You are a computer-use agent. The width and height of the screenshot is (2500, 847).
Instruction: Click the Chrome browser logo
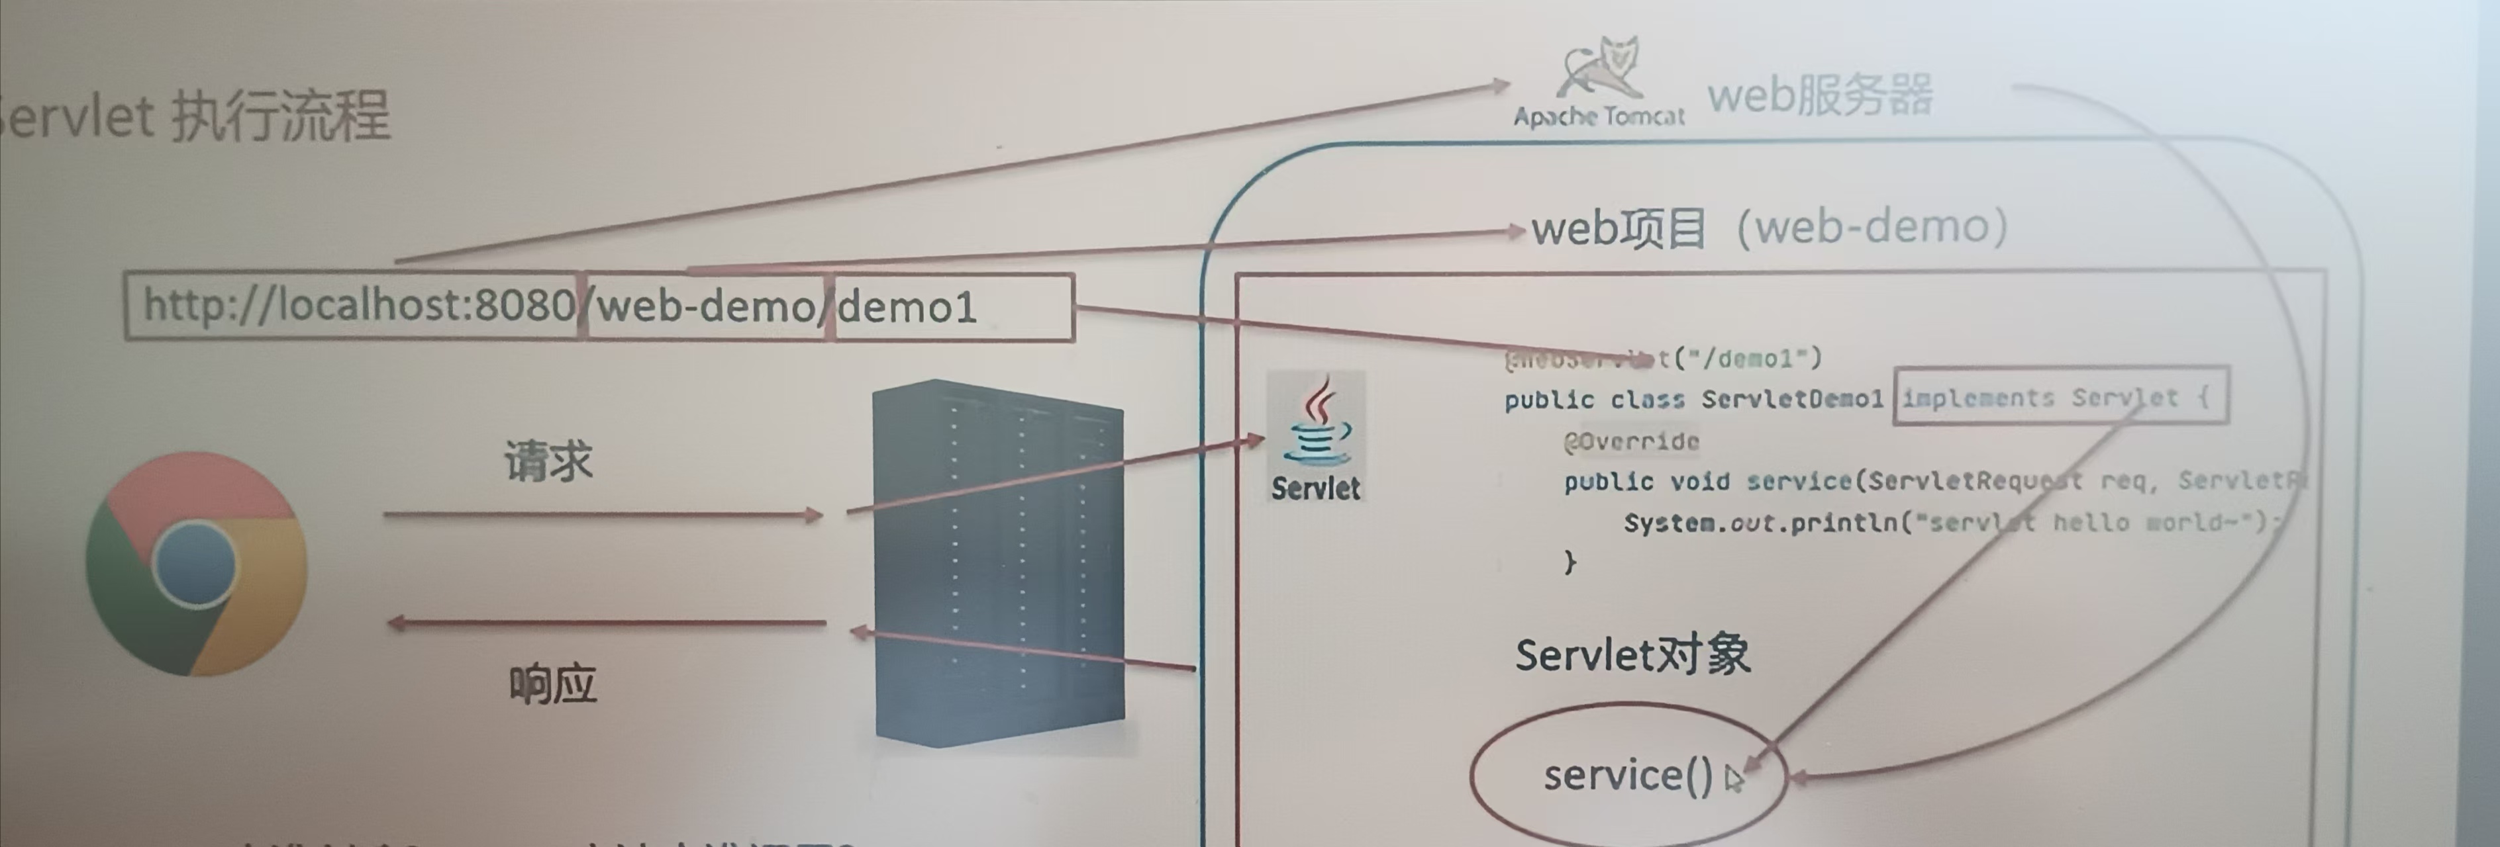[x=196, y=564]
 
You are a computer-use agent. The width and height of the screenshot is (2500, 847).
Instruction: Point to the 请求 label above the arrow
[x=548, y=460]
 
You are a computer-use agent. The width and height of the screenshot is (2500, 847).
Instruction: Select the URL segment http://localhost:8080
[x=357, y=306]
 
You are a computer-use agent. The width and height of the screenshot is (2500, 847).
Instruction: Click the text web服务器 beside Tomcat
[x=1820, y=96]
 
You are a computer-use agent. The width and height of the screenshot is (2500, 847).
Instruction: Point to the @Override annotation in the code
[x=1631, y=441]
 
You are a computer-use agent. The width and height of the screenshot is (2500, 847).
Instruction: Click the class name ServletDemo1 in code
[x=1791, y=399]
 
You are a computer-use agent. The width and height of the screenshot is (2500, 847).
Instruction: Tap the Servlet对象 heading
[x=1632, y=655]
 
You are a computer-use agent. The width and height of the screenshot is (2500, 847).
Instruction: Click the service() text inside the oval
[x=1628, y=774]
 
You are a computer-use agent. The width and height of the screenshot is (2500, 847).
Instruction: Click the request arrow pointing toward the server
[x=602, y=514]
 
